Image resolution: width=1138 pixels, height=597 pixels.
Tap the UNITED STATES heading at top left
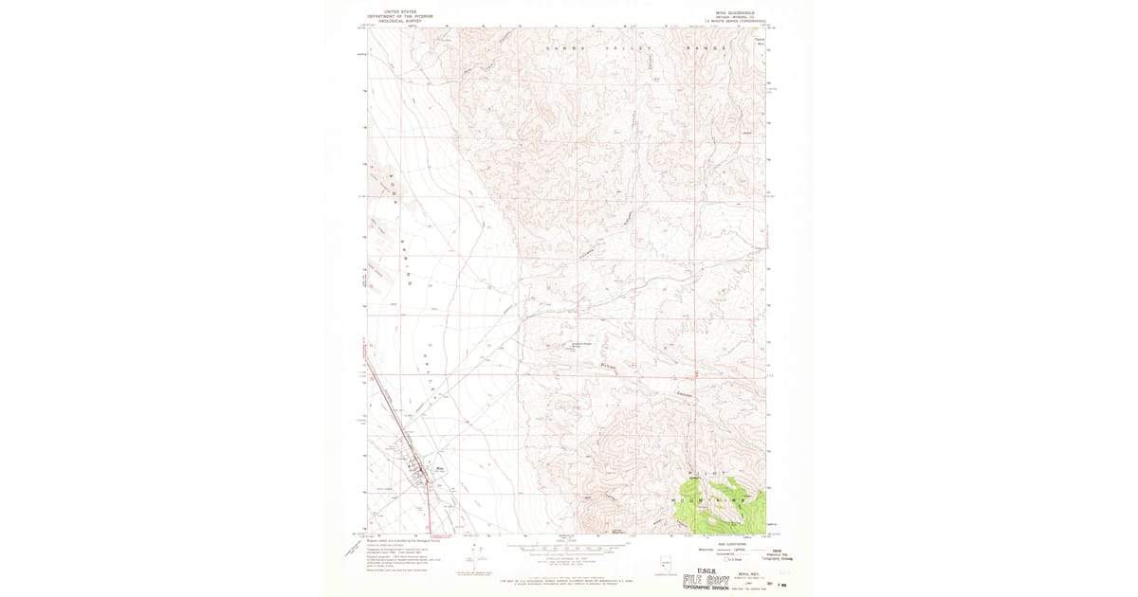coord(395,10)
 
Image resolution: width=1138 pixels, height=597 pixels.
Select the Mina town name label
coord(439,466)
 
